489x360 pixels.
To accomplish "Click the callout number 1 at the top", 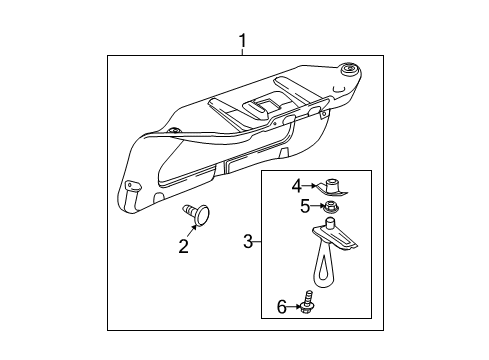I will [x=242, y=41].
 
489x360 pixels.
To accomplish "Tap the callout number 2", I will [x=184, y=246].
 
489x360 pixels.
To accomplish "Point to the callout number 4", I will [x=296, y=185].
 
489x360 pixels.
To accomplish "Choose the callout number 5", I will [x=305, y=207].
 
